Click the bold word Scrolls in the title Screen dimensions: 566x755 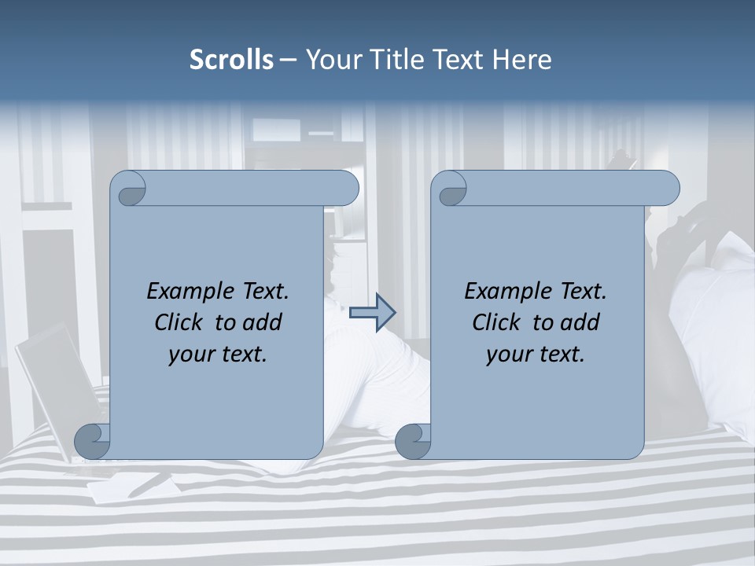point(231,60)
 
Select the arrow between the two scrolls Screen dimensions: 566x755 point(372,312)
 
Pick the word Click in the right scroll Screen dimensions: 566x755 point(496,322)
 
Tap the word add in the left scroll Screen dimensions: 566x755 point(263,322)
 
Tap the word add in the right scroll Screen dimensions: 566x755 point(580,322)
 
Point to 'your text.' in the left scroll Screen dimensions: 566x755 point(218,355)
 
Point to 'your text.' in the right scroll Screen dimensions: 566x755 point(536,355)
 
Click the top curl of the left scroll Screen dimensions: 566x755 point(128,189)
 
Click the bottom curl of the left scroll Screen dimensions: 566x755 point(92,441)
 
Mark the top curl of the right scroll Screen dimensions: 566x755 point(449,189)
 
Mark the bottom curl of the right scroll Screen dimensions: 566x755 point(413,441)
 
